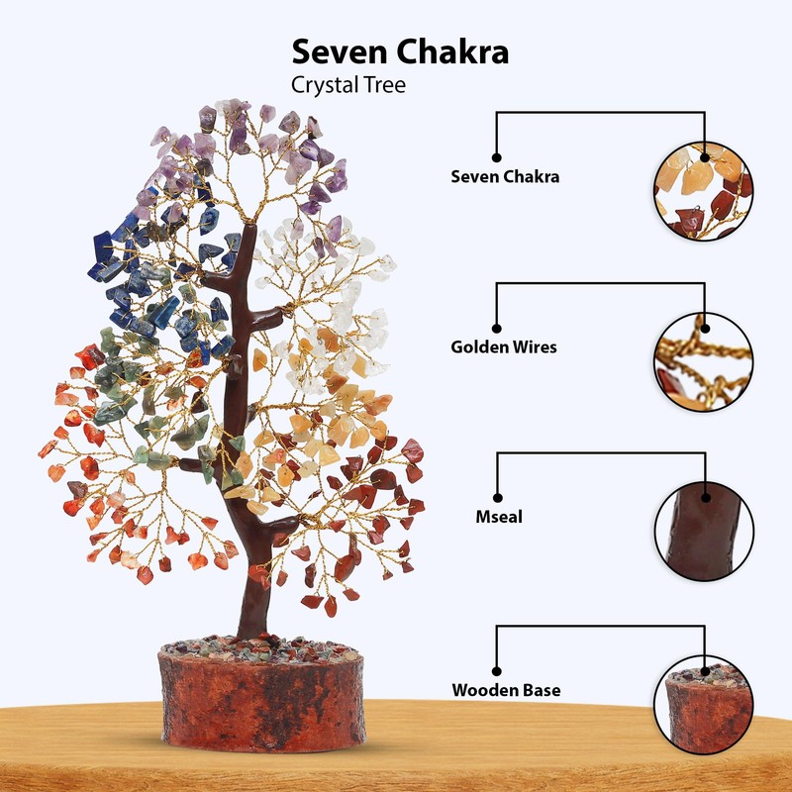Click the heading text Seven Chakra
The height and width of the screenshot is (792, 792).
[x=400, y=52]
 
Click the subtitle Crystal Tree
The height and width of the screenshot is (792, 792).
[x=347, y=85]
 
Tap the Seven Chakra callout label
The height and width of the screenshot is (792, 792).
[x=505, y=177]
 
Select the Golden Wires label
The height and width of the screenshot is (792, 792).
[x=504, y=347]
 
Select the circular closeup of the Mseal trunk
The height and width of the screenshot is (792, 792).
[x=703, y=531]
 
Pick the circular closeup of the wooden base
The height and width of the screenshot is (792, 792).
[x=703, y=701]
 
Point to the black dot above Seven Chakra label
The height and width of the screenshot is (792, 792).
[x=497, y=157]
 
